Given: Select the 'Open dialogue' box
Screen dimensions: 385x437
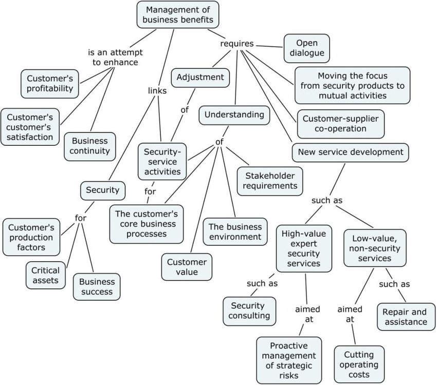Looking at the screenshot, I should (x=307, y=47).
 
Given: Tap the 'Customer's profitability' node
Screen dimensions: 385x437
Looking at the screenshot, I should (x=50, y=84).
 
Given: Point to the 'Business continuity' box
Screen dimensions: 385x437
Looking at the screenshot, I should (x=90, y=146).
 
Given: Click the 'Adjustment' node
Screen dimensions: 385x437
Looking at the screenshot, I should (x=200, y=78).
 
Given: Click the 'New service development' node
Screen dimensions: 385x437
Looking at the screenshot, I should (x=351, y=152).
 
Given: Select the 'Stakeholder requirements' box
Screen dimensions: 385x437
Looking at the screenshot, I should (x=269, y=180).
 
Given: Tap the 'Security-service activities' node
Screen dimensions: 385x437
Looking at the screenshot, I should (x=162, y=161).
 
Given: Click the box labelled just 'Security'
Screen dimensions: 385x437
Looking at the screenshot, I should (x=102, y=190).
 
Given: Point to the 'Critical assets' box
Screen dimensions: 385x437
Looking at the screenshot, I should (x=45, y=275).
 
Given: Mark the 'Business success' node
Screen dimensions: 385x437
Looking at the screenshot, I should (x=96, y=286).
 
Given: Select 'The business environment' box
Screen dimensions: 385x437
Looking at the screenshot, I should (x=234, y=232).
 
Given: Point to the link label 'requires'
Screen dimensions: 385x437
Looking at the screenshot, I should (x=236, y=44).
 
